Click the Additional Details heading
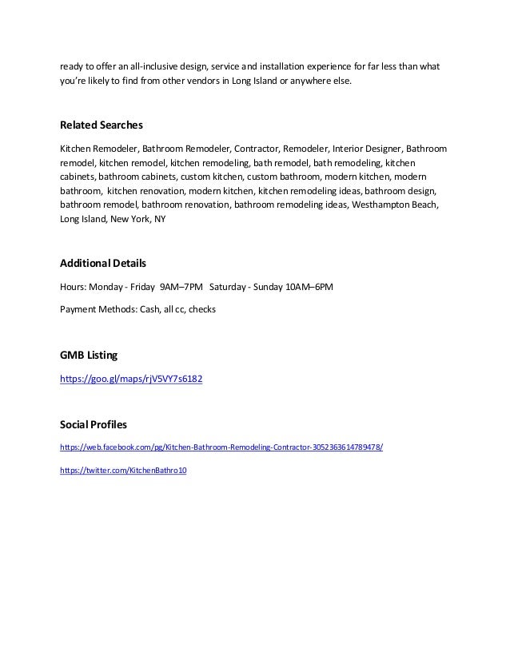point(103,263)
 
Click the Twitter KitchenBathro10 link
point(123,471)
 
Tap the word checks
point(202,309)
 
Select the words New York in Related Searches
point(130,218)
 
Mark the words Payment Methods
point(97,309)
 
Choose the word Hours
point(72,285)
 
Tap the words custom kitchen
point(210,177)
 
